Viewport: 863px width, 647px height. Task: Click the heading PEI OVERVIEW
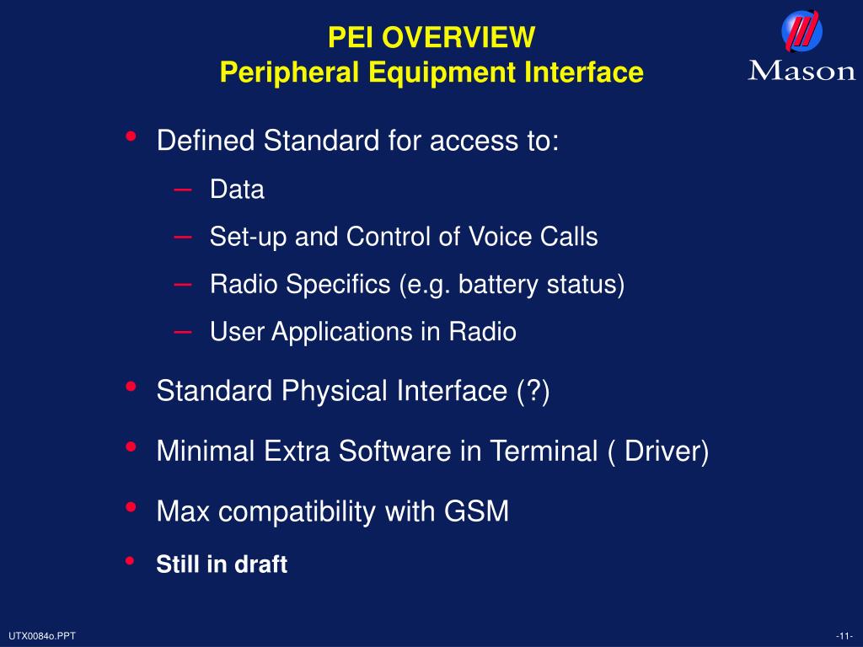point(431,37)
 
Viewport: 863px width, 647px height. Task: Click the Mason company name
point(801,70)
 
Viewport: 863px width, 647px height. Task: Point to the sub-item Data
point(237,190)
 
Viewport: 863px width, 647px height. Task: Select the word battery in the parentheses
point(502,285)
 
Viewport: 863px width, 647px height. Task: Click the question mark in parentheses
point(533,392)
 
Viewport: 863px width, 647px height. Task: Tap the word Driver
point(662,452)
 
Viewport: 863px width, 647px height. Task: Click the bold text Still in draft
point(222,564)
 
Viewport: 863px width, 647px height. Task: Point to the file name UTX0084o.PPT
point(42,635)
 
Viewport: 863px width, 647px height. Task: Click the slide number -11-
point(844,635)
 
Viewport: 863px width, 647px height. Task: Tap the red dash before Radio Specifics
point(183,285)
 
